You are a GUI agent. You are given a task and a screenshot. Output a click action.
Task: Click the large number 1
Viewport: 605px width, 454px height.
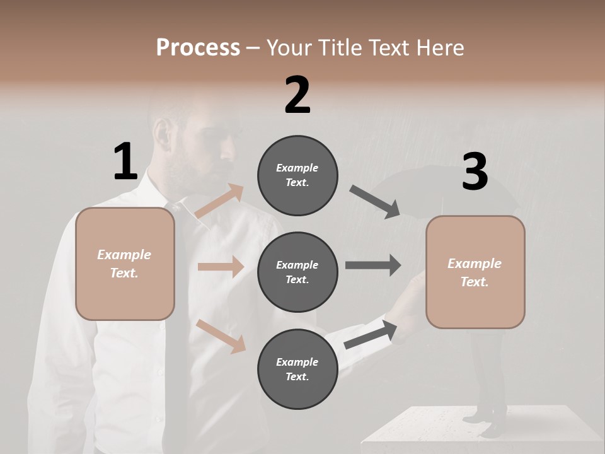[125, 161]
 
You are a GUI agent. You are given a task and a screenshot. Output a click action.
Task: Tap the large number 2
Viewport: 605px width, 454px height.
[297, 95]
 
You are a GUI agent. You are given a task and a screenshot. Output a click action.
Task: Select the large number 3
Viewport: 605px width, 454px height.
[475, 172]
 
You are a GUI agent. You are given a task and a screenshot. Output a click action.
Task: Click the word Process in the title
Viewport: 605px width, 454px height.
[198, 47]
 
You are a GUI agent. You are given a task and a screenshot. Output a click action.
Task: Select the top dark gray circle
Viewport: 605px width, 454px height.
[297, 175]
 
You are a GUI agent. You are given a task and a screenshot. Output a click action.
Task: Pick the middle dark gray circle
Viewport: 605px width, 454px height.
[297, 272]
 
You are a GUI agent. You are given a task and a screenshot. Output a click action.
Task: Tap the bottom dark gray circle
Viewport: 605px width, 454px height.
[297, 369]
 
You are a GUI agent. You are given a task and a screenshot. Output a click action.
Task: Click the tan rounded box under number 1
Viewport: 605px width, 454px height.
[125, 264]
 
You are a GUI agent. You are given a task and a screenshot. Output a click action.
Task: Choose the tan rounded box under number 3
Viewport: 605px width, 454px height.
[475, 272]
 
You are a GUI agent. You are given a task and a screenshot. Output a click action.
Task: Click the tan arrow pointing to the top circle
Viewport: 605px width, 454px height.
[219, 201]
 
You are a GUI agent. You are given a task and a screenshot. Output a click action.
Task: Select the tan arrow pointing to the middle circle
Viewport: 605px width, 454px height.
[221, 267]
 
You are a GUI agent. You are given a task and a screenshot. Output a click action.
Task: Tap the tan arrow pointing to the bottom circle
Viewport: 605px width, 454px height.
[221, 335]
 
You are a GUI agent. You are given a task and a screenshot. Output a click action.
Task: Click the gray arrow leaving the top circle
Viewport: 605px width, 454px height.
[375, 202]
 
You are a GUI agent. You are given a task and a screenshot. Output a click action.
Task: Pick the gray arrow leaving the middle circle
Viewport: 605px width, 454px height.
[373, 265]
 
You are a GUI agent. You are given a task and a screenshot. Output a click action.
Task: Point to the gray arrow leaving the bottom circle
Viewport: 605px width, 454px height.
[371, 334]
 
